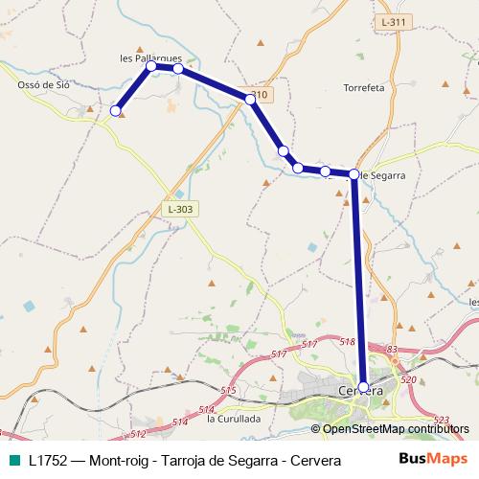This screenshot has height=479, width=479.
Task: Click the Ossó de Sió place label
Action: pos(44,84)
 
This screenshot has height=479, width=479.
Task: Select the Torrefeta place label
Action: pos(363,87)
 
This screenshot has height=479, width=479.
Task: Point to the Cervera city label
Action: pos(361,392)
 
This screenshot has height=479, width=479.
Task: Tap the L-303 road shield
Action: pos(178,209)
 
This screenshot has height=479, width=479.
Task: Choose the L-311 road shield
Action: pos(393,21)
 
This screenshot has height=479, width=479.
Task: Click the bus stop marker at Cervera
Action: pos(363,386)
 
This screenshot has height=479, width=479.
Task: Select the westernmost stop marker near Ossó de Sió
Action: pos(117,111)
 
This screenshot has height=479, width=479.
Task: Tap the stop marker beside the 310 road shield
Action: pos(250,99)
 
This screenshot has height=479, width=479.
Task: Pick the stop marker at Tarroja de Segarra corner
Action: pos(354,174)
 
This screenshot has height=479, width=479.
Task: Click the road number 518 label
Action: pos(347,341)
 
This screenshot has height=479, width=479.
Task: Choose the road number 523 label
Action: pos(441,420)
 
